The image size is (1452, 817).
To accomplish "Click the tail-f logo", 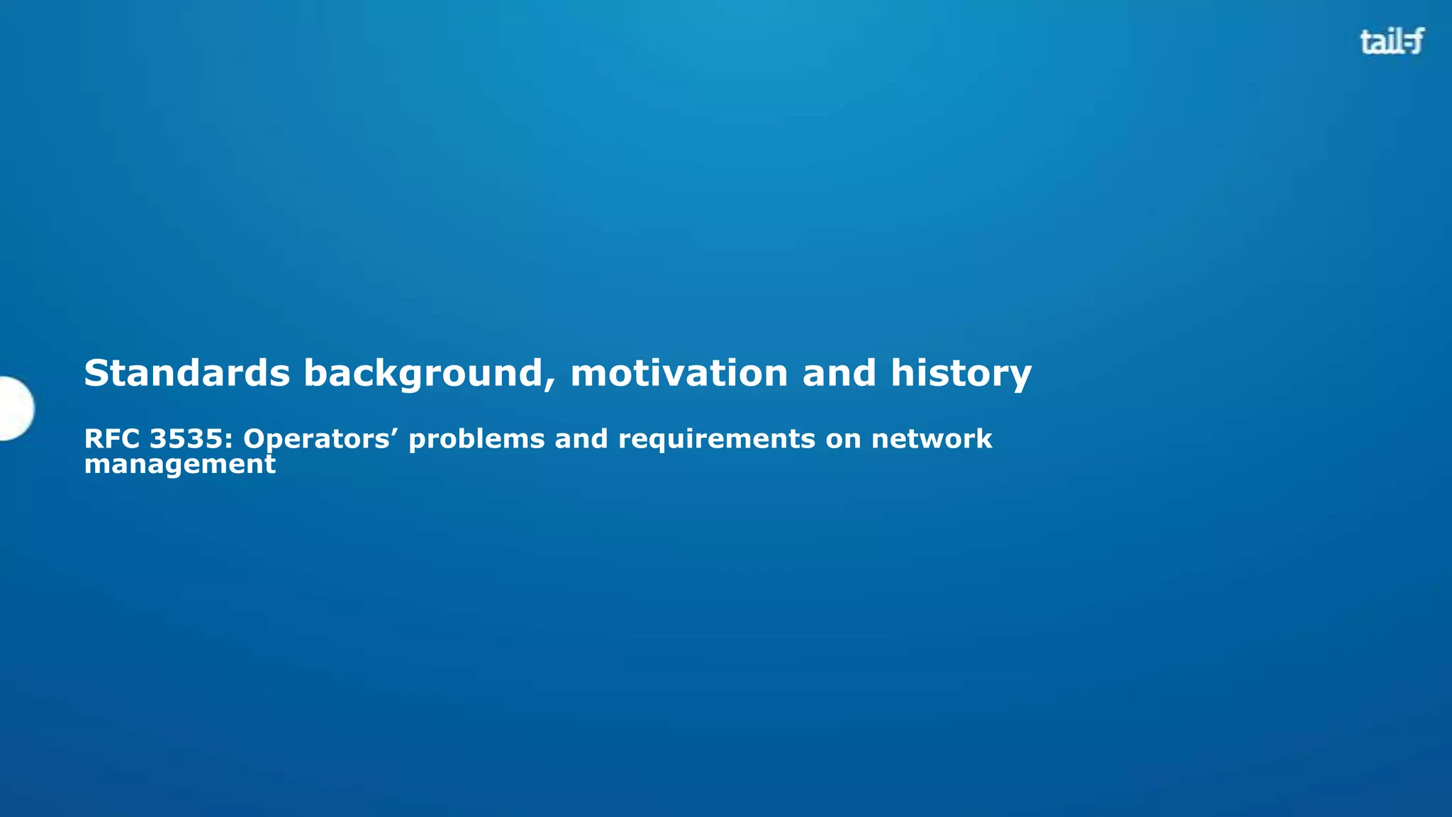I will pos(1391,42).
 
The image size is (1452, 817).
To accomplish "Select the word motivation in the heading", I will pos(678,373).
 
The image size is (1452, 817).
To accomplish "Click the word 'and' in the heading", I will pos(839,373).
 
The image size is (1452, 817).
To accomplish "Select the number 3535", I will pos(186,439).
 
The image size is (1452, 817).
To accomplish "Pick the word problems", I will pos(476,440).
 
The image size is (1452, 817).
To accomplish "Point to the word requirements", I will pos(716,440).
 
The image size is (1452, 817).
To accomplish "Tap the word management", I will pos(179,465).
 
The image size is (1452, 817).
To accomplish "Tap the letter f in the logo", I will pos(1415,42).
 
